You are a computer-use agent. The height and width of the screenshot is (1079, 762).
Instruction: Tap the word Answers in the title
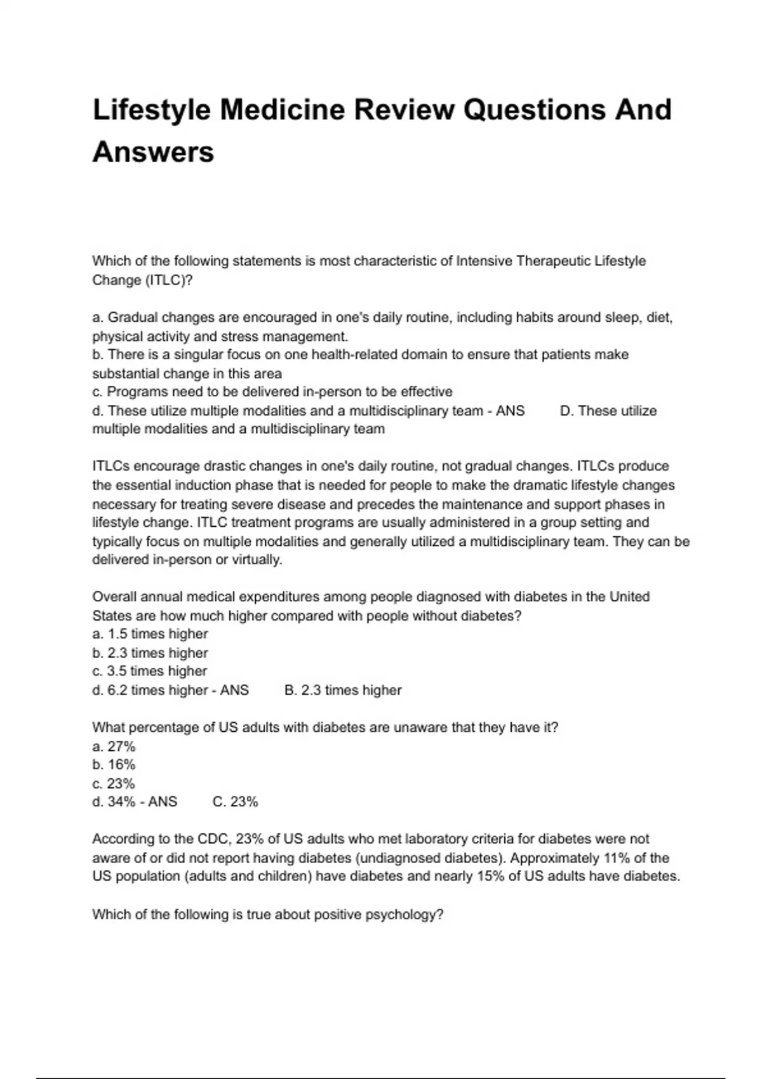(153, 152)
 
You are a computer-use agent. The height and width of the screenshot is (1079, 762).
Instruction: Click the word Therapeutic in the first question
(554, 261)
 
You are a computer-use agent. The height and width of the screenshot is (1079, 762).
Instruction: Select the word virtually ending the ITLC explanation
(257, 560)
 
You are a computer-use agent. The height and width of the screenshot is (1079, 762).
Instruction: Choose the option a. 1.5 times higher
(150, 634)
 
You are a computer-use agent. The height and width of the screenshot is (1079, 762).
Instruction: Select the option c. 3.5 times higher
(150, 671)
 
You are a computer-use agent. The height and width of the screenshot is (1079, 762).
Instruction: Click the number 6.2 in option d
(117, 690)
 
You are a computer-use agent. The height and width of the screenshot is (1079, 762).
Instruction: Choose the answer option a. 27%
(114, 746)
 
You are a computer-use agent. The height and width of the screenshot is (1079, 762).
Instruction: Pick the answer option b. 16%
(114, 765)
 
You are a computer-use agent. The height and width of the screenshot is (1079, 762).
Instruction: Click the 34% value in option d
(121, 802)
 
